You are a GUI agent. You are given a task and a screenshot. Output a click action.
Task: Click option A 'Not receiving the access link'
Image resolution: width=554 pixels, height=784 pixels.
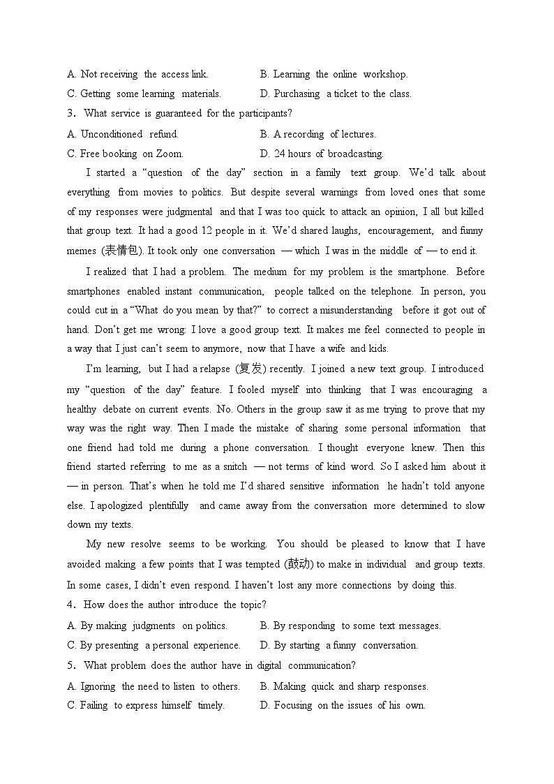(137, 74)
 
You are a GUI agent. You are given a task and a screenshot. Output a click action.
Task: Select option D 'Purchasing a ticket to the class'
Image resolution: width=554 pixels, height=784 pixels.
(335, 94)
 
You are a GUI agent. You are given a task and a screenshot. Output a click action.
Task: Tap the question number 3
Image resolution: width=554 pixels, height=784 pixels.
(70, 113)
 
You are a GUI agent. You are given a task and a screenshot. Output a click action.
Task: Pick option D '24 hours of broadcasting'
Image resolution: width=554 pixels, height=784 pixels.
(321, 154)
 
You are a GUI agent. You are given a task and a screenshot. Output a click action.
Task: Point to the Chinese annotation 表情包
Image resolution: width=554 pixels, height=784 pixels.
(126, 251)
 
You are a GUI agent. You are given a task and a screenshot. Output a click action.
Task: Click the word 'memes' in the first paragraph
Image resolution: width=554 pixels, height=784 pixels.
(82, 251)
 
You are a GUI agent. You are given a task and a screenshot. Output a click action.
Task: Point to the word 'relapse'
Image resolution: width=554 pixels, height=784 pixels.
(216, 369)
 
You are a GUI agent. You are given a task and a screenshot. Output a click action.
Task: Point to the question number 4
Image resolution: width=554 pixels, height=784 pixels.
(70, 605)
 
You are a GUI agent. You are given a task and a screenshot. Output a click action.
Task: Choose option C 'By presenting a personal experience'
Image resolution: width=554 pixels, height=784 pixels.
(154, 645)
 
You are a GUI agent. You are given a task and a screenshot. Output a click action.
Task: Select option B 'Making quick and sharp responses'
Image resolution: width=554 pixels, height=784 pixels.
(343, 686)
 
